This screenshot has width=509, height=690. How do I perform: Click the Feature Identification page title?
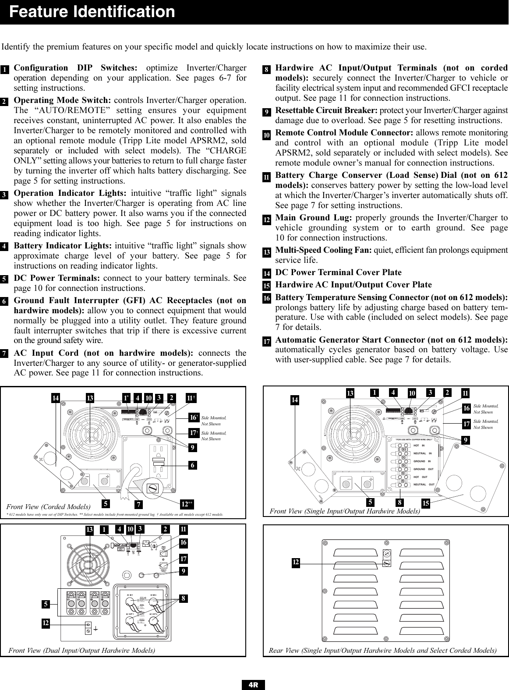tap(92, 12)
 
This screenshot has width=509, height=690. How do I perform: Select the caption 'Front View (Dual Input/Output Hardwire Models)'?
tap(82, 650)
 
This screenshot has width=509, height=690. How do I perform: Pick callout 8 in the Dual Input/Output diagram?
tap(183, 598)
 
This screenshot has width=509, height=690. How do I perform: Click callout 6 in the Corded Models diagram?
tap(192, 466)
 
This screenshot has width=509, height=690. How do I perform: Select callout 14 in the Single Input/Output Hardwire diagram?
tap(296, 400)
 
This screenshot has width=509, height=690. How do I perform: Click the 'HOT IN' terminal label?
tap(419, 446)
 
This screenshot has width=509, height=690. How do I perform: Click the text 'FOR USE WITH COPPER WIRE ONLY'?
tap(414, 439)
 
